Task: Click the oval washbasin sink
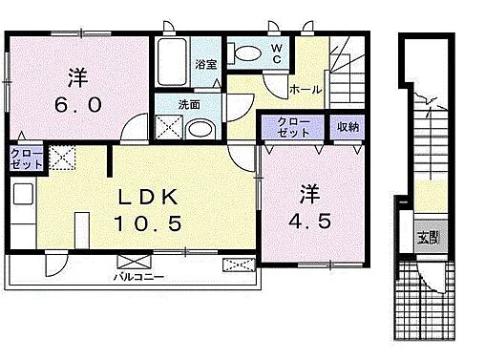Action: [200, 130]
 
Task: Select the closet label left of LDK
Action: [27, 159]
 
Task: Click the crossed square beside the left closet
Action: [64, 158]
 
